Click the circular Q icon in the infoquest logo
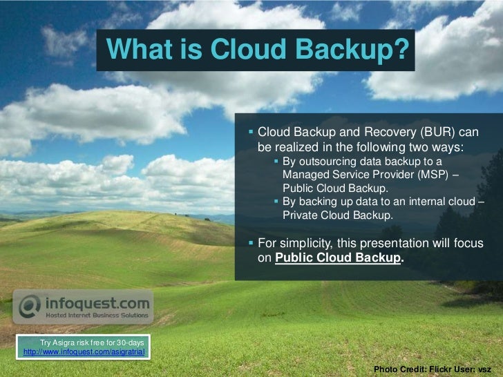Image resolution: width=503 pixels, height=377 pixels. (30, 307)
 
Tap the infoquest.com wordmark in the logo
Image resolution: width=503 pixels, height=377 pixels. (97, 302)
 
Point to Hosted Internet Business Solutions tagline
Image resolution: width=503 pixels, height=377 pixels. (97, 316)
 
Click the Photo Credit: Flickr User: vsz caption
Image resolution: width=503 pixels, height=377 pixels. (432, 369)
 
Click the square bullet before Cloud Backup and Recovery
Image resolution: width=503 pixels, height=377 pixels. (251, 132)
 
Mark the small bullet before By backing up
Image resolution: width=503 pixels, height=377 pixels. (276, 202)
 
